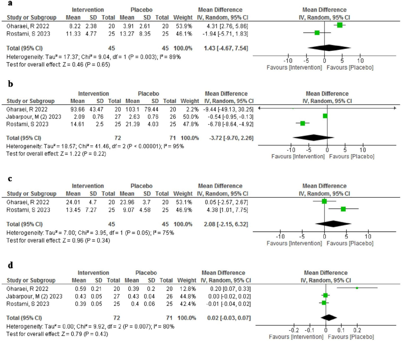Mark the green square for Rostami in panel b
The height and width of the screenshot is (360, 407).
(x=302, y=123)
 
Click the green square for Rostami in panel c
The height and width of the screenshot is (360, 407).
(x=343, y=209)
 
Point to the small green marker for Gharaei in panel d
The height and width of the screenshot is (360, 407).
(x=357, y=288)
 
